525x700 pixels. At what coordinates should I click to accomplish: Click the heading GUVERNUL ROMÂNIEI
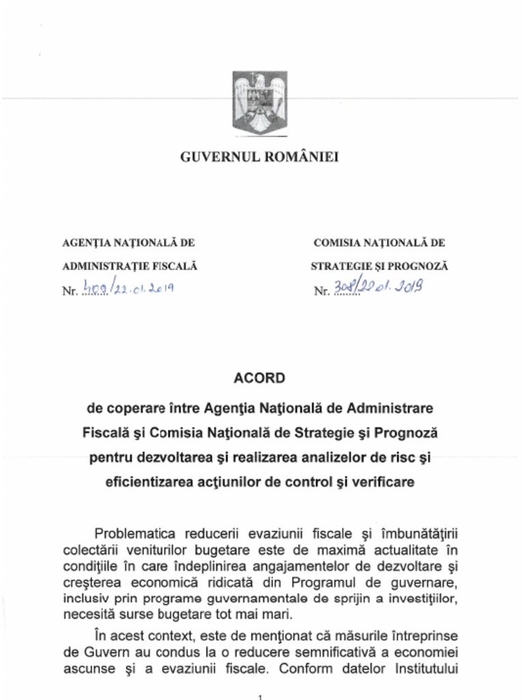[260, 157]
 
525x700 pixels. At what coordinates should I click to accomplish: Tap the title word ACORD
[259, 378]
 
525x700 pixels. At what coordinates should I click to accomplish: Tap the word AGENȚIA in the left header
[85, 243]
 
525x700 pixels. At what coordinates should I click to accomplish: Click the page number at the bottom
[260, 696]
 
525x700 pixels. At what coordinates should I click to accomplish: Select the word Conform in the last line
[301, 667]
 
